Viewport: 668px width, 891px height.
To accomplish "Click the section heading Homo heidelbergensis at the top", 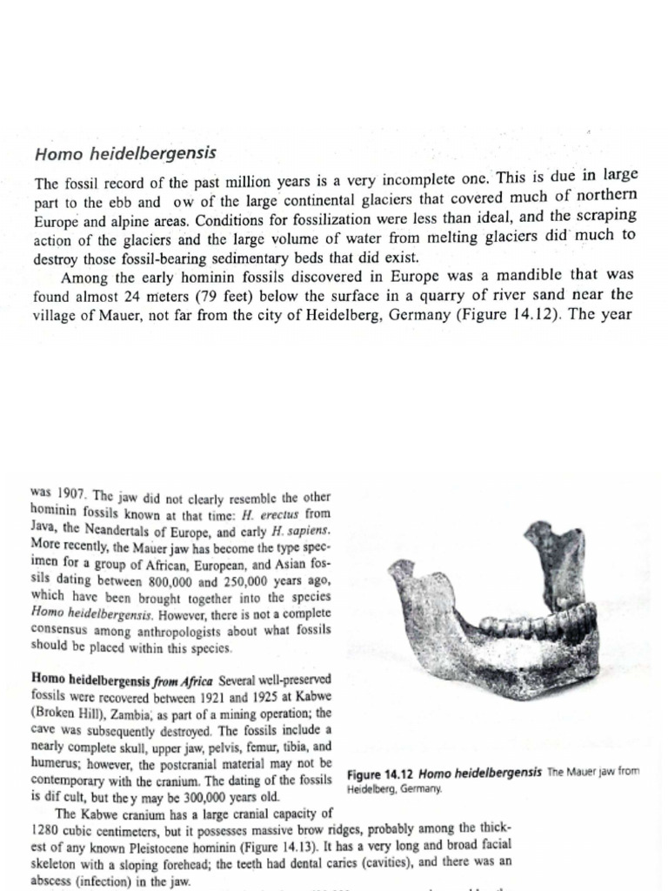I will click(124, 155).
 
